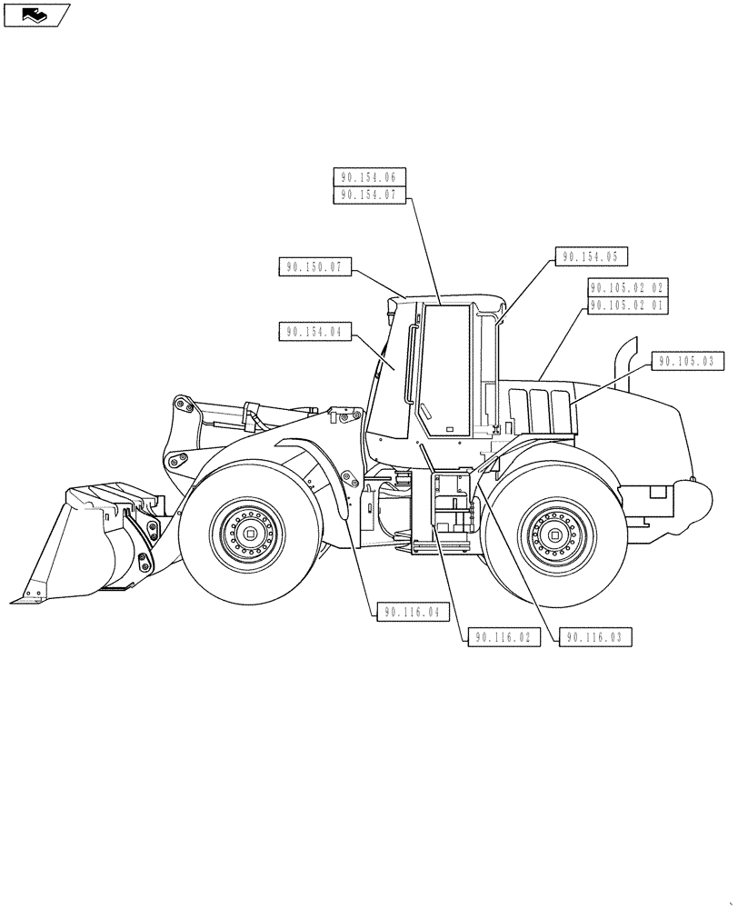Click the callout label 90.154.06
(370, 178)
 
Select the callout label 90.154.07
(370, 195)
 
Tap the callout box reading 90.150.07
(314, 267)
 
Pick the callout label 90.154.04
(314, 333)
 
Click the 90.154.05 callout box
(591, 257)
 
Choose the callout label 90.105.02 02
(628, 288)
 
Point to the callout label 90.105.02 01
(628, 306)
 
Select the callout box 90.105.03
(687, 362)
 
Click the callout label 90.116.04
(412, 613)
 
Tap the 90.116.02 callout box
(504, 638)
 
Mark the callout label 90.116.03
(594, 638)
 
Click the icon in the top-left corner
(35, 14)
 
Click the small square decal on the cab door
(448, 428)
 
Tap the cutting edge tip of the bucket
(16, 599)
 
